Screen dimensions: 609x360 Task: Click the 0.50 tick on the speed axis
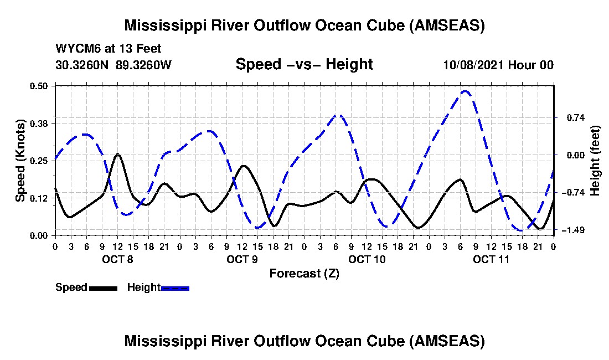pos(39,86)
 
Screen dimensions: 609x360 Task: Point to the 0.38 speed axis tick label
pos(39,124)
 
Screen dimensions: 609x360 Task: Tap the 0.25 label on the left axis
pos(39,161)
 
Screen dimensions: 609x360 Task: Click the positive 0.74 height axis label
pos(576,117)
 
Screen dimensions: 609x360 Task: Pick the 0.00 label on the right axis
pos(576,155)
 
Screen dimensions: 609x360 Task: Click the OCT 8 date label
pos(118,259)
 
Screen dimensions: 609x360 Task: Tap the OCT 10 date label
pos(367,259)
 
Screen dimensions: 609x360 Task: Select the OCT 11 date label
pos(491,259)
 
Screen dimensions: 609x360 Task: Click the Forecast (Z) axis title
pos(304,274)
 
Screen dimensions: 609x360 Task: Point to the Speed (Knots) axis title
pos(20,161)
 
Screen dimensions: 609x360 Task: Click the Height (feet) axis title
pos(595,161)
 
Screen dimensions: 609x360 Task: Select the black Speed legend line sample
pos(103,288)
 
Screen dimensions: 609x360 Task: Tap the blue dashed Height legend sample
pos(175,288)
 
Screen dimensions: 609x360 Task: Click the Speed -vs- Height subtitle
pos(304,64)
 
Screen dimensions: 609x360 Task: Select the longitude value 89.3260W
pos(144,65)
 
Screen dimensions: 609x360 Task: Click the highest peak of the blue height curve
pos(465,91)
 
